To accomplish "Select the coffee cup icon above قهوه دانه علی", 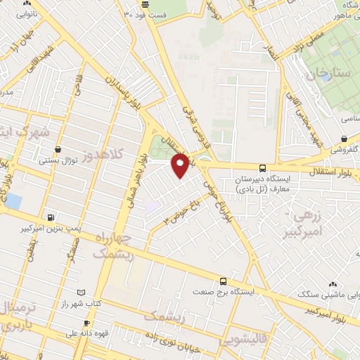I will pyautogui.click(x=77, y=324).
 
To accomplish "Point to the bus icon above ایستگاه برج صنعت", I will pyautogui.click(x=224, y=280).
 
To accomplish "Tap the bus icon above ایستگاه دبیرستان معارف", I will pyautogui.click(x=262, y=169).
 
